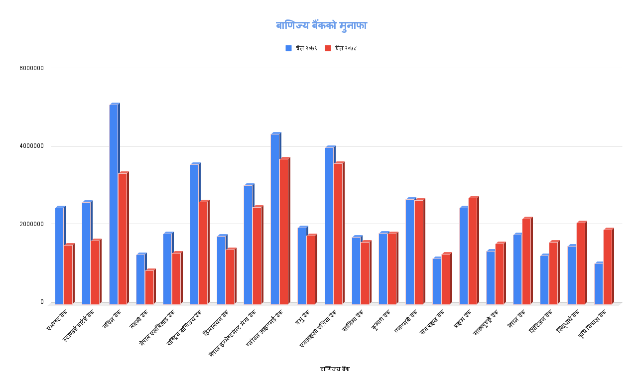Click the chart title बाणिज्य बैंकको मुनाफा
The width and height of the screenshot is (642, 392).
pos(321,25)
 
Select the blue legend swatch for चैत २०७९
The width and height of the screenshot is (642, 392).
pos(288,48)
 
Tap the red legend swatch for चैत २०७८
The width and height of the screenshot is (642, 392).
pos(328,48)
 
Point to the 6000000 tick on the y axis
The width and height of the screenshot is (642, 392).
pos(31,68)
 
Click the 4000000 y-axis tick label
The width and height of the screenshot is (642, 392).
pos(31,146)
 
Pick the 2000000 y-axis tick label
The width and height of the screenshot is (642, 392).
pos(31,224)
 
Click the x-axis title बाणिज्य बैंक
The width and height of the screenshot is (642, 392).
pos(335,369)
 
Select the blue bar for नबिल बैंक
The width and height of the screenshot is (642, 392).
pos(114,204)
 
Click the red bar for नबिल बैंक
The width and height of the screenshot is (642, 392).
pos(123,239)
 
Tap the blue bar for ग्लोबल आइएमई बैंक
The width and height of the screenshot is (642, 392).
pos(275,219)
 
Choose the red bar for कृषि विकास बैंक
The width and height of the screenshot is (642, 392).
pos(607,266)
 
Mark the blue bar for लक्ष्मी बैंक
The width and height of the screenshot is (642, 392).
pos(140,279)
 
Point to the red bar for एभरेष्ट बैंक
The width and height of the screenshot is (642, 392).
pos(68,274)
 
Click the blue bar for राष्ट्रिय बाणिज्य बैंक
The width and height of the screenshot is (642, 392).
pos(194,234)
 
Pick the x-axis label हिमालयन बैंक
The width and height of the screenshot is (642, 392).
pos(216,323)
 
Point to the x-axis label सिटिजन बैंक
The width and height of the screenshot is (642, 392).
pos(541,322)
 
